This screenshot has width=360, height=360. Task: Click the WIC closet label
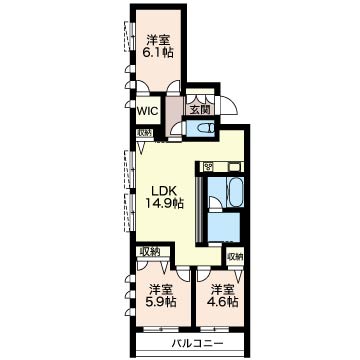coord(147,111)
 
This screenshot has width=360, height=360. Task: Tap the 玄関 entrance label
coord(200,110)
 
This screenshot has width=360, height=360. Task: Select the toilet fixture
coord(207,128)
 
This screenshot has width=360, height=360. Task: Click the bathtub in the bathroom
coord(235,192)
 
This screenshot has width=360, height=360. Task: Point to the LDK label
coord(163,191)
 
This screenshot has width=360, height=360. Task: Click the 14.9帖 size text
coord(164,203)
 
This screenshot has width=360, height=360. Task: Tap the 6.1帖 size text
coord(158,52)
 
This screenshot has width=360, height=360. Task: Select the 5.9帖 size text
coord(161,302)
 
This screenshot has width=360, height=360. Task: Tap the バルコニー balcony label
coord(197,343)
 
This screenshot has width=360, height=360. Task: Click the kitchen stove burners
coord(209,166)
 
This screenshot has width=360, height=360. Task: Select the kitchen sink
coord(235,166)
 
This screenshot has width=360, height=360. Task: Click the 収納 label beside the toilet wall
coord(144,132)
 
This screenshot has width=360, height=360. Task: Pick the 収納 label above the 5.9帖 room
coord(150,251)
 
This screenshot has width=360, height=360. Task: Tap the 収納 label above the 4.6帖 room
coord(235,256)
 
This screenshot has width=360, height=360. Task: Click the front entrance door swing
coord(229,105)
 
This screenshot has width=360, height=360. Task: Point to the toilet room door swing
coord(177,128)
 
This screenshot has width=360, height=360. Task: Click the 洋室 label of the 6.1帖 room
coord(158,41)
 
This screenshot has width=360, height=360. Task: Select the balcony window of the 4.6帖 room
coord(215,330)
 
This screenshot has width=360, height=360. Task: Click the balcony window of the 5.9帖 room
coord(158,330)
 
